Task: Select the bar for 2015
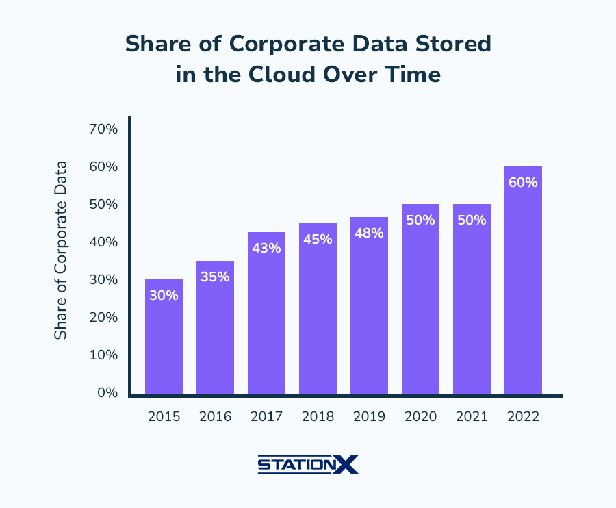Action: pos(164,337)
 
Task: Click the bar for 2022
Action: pos(523,281)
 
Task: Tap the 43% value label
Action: pos(266,249)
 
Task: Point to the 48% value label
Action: pos(369,233)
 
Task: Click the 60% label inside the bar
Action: pos(523,183)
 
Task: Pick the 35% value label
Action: pos(215,277)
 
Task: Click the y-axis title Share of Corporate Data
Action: pos(61,250)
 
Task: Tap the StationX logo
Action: pos(308,465)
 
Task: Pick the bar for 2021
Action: pos(472,299)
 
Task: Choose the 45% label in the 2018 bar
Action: pos(318,240)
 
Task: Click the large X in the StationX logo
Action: pos(347,465)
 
